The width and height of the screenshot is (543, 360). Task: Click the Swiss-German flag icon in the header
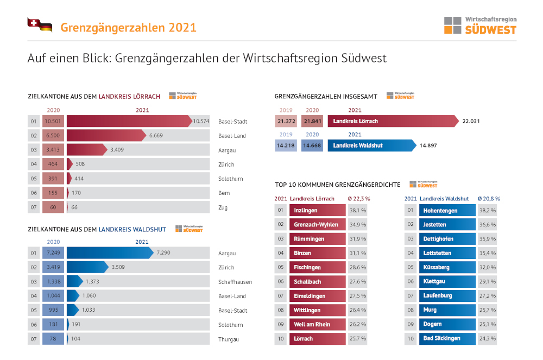(39, 25)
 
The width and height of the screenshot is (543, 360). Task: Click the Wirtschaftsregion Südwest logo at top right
(480, 25)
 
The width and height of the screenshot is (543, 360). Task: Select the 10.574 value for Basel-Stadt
(201, 121)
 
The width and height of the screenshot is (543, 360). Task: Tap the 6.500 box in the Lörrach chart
(53, 135)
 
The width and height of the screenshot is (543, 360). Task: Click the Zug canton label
(223, 207)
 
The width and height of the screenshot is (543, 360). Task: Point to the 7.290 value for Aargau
(163, 253)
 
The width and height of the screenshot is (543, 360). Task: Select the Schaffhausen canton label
(235, 282)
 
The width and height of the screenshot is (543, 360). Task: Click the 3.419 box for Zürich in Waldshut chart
(53, 267)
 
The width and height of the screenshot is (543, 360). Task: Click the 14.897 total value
(428, 146)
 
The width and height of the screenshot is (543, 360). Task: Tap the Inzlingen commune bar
(317, 210)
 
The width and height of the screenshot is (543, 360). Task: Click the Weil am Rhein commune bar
(317, 324)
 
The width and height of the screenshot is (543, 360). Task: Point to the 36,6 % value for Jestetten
(487, 224)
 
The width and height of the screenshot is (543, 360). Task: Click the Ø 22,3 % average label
(359, 199)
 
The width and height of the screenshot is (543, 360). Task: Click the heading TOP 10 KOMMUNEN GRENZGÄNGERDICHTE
(337, 185)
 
